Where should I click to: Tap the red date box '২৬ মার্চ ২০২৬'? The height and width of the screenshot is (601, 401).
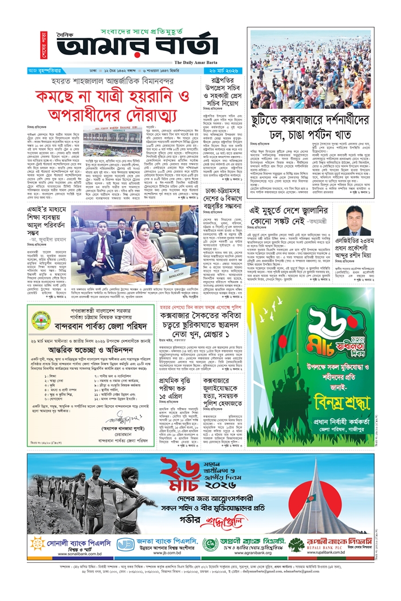point(225,70)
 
